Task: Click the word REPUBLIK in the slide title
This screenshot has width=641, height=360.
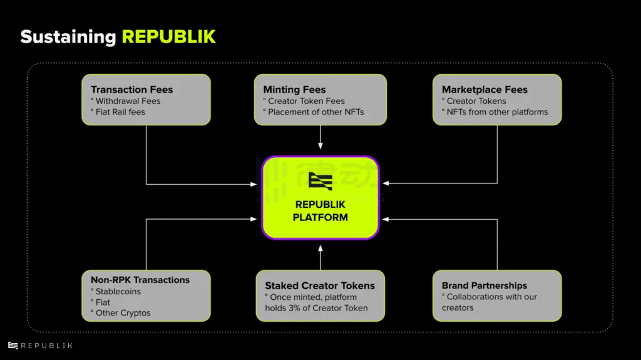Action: [x=168, y=36]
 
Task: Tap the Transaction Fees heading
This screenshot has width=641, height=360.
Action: [x=131, y=90]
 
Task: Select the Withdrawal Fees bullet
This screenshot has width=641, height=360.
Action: [x=128, y=101]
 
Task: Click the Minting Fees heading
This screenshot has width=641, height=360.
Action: [x=294, y=90]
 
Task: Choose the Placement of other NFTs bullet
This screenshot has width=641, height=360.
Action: [x=315, y=112]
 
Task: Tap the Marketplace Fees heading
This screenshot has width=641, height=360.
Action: [x=485, y=90]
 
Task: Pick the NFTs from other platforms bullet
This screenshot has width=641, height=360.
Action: [x=497, y=112]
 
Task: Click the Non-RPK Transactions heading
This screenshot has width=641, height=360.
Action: [x=140, y=280]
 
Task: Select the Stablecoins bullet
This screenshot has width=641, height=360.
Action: [x=118, y=291]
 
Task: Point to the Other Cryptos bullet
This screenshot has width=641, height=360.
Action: [x=123, y=313]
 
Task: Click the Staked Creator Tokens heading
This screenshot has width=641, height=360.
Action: [x=320, y=285]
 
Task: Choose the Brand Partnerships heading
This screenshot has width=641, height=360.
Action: [x=485, y=285]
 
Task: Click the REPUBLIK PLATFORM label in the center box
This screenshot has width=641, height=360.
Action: [x=320, y=211]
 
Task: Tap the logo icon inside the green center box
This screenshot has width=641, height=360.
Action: [x=320, y=182]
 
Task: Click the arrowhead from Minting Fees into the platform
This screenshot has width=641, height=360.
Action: [x=320, y=147]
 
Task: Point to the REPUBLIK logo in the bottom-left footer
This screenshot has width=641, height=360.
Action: [x=40, y=346]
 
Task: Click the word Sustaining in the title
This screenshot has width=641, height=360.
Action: [x=68, y=36]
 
